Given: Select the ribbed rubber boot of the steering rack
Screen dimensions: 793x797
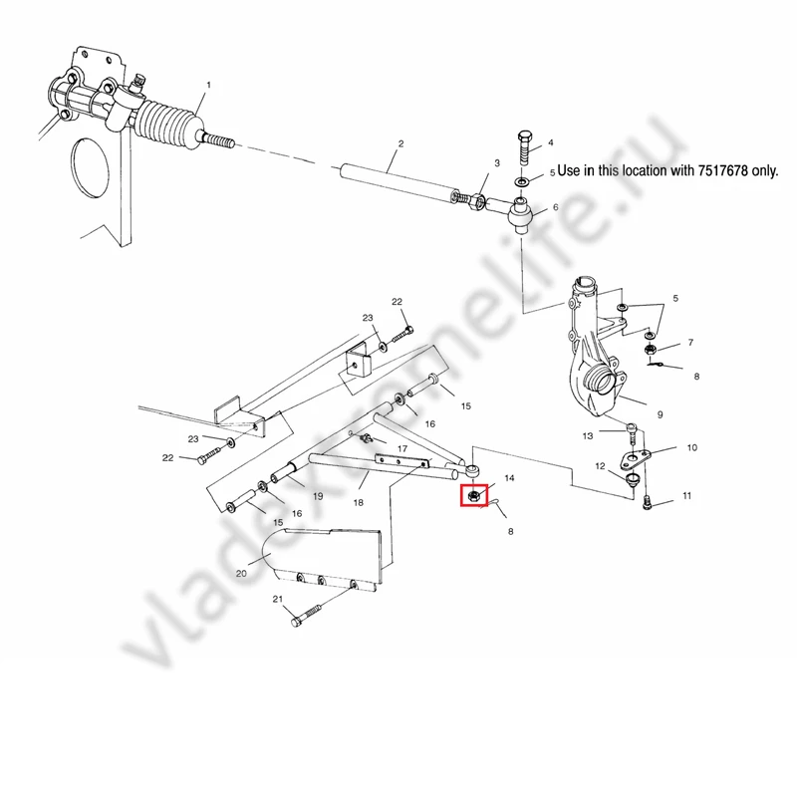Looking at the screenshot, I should pos(167,127).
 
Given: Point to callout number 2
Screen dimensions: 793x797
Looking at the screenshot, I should pos(400,144).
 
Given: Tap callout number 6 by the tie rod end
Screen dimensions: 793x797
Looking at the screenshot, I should pos(555,207).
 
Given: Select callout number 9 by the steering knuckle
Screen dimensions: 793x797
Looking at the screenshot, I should pos(659,413).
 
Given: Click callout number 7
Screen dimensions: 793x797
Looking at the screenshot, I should pos(690,342).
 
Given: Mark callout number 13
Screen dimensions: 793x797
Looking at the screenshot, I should pos(588,435).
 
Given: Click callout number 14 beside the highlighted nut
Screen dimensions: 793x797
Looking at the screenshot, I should pos(510,479).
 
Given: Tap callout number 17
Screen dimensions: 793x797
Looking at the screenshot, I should pos(402,449).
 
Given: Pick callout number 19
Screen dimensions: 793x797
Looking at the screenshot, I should pos(318,495).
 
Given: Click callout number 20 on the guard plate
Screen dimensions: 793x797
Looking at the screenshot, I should pos(241,573).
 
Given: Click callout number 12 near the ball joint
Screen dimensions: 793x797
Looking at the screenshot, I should pos(601,466).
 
